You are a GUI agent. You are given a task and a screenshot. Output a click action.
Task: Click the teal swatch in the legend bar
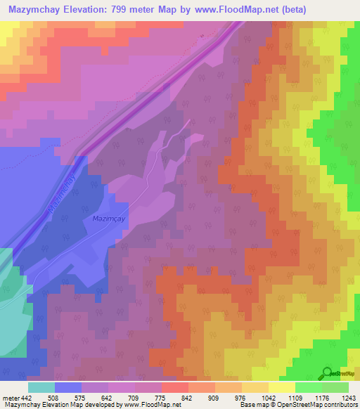41,387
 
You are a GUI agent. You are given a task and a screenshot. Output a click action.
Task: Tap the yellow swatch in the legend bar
282,387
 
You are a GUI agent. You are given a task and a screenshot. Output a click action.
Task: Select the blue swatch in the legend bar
68,387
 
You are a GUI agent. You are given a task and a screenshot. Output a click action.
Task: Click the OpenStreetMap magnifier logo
328,373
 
